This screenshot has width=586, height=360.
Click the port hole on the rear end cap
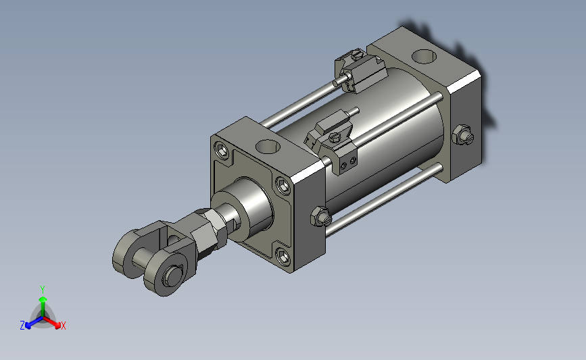[424, 57]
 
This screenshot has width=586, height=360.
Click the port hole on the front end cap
[268, 147]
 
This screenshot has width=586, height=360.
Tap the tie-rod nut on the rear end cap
[463, 135]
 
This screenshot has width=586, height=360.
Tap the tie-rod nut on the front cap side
[320, 216]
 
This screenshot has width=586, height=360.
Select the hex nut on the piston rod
[210, 227]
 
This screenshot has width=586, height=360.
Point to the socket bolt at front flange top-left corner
[222, 151]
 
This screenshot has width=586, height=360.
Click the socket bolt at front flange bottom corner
[283, 256]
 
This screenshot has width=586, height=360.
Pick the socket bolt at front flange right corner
[283, 186]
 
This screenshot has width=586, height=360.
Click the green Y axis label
[42, 290]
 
